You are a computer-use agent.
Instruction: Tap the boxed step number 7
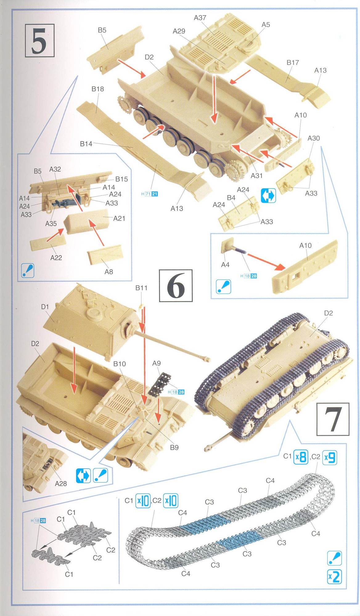click(333, 419)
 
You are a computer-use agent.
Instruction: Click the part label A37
click(200, 18)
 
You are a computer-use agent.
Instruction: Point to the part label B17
click(293, 63)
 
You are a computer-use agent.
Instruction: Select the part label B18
click(98, 89)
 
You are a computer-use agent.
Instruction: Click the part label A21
click(119, 218)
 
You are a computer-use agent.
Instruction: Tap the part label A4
click(225, 265)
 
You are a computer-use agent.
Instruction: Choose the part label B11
click(141, 288)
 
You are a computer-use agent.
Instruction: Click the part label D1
click(45, 307)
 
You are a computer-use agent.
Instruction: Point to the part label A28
click(61, 484)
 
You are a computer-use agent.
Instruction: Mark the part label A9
click(157, 363)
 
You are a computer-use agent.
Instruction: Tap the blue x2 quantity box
click(334, 576)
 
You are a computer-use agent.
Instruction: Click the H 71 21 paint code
click(149, 194)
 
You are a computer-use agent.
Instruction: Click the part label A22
click(56, 257)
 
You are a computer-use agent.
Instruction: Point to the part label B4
click(231, 198)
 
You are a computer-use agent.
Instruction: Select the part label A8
click(109, 272)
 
